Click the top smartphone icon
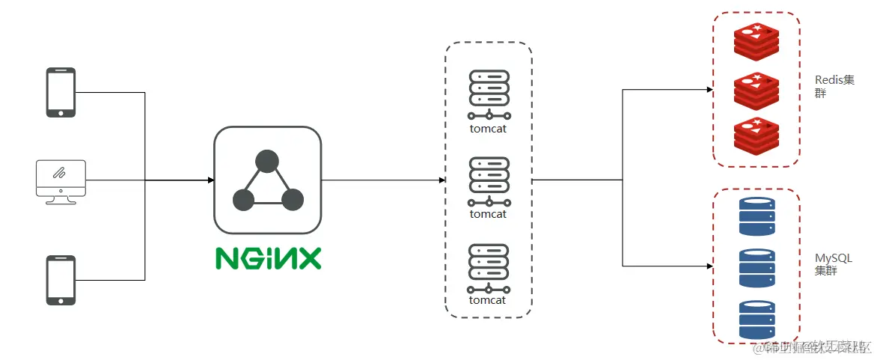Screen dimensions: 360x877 [x=61, y=93]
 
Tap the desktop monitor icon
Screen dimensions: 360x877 [x=61, y=180]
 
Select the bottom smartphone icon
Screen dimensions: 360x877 [x=61, y=280]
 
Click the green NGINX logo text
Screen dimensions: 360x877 [x=268, y=257]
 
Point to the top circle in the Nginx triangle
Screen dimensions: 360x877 [x=267, y=161]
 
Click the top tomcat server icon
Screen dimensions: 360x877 [x=489, y=94]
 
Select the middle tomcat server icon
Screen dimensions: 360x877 [x=489, y=180]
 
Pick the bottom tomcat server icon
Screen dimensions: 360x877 [x=489, y=267]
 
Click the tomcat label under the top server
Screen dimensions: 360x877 [x=488, y=128]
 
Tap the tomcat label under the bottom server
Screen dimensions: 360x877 [x=488, y=300]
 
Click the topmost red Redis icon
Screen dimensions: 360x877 [x=757, y=41]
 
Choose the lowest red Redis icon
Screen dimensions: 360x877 [x=757, y=135]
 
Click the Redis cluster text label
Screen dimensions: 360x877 [x=834, y=87]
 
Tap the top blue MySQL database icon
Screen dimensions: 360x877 [x=757, y=216]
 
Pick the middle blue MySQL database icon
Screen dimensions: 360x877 [x=757, y=267]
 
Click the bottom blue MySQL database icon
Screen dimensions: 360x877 [x=757, y=319]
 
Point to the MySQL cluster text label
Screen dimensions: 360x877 [x=833, y=264]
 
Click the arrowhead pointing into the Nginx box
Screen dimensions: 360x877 [x=210, y=180]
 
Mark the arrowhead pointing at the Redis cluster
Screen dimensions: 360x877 [x=709, y=90]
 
